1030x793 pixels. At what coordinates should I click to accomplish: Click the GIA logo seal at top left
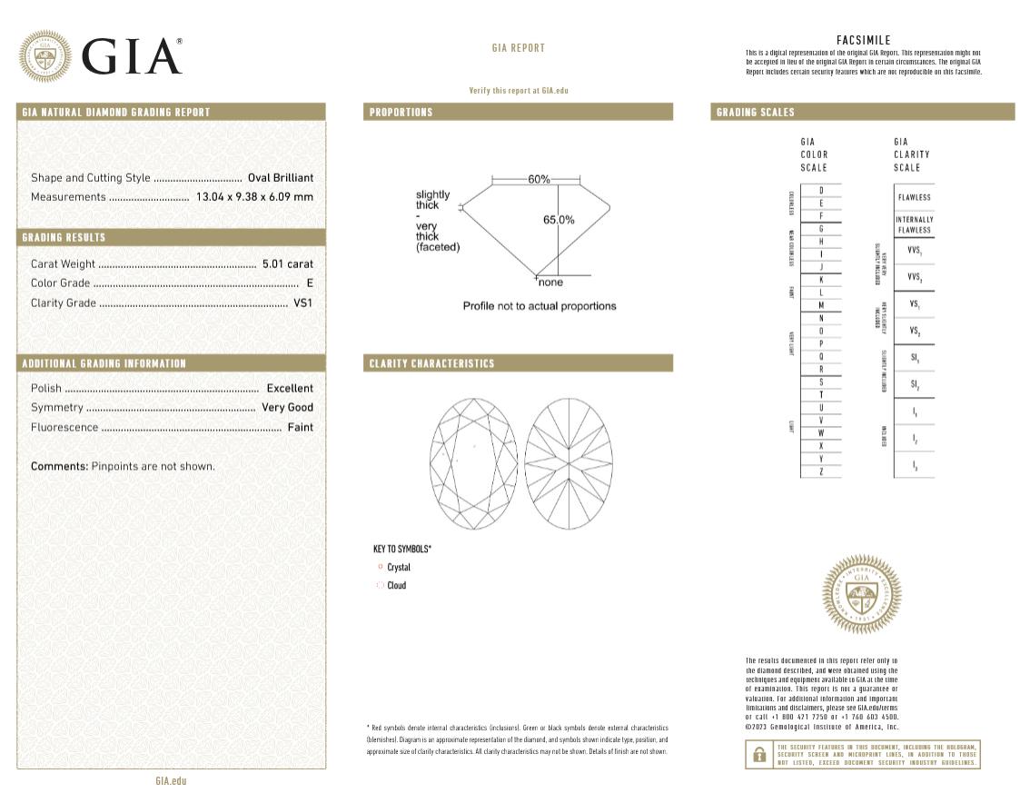(45, 56)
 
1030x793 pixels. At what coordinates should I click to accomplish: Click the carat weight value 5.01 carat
(287, 263)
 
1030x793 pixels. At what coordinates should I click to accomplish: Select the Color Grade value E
(310, 283)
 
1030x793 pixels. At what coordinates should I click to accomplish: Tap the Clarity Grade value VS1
(302, 303)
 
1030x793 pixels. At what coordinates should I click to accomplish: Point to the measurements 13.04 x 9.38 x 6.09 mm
(254, 197)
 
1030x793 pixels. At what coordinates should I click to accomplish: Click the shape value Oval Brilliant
(281, 178)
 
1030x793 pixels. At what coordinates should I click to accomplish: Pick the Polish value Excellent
(290, 389)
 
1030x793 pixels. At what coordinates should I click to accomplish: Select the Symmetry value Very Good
(287, 408)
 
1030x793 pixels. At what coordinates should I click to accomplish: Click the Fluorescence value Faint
(300, 428)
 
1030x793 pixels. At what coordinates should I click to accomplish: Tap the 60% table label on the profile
(540, 179)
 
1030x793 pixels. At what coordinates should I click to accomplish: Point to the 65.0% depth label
(559, 220)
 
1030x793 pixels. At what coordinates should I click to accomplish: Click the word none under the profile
(550, 283)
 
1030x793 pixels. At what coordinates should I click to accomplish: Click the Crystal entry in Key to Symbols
(399, 568)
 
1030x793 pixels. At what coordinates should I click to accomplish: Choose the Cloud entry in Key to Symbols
(397, 586)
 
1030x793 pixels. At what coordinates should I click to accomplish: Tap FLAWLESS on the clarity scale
(914, 197)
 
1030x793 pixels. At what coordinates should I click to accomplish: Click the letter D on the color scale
(821, 190)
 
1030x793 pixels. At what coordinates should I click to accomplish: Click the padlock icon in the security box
(758, 755)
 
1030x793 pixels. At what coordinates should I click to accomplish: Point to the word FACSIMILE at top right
(863, 40)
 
